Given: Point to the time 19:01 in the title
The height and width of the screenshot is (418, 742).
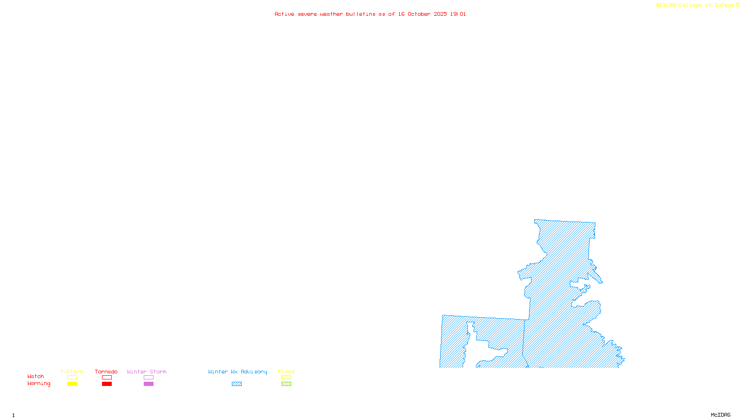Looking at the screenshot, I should point(458,14).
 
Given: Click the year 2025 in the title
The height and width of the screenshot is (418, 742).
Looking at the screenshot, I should point(440,14).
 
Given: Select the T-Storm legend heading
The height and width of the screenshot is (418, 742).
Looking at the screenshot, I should point(71,372).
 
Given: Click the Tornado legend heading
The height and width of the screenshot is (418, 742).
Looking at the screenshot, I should point(106,372).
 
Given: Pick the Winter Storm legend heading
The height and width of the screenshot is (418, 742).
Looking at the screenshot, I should point(147,372).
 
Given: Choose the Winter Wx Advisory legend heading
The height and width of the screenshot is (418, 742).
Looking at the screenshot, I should point(237,372).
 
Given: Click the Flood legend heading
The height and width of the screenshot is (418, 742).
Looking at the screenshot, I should point(286,372).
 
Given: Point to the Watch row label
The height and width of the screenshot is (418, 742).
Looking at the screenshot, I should point(36,376).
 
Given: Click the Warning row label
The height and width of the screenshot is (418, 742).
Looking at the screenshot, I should point(38,384).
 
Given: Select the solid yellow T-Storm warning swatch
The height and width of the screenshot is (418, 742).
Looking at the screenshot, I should point(72,384).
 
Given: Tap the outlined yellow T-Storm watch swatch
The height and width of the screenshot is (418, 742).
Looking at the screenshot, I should point(72,378).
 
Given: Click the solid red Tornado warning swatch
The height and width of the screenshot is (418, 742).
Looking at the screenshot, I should point(107,384).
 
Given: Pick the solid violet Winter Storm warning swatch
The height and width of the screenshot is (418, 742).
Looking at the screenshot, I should point(148,384).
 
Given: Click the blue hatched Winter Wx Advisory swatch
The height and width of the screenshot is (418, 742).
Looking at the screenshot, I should point(237,384).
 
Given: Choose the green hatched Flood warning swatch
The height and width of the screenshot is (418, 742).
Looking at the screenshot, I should point(286,384).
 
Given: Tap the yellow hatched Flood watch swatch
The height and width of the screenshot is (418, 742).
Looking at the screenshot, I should point(286,378).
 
